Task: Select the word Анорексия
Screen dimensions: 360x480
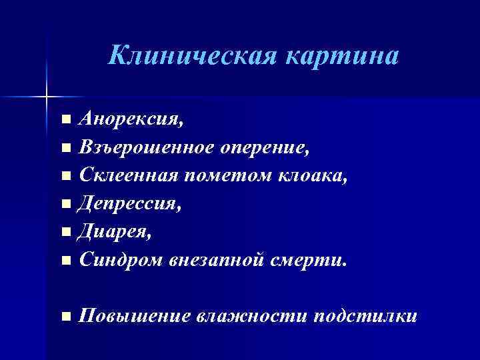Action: (x=130, y=119)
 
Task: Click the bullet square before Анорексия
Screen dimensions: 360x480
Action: (x=64, y=121)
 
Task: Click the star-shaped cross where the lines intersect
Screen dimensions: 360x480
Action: (x=47, y=97)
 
